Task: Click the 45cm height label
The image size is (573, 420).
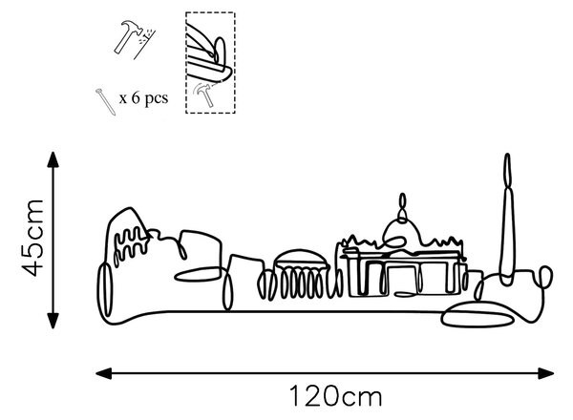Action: click(x=32, y=238)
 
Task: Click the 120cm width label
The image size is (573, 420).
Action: click(x=336, y=396)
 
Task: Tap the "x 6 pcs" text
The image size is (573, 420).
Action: click(x=143, y=98)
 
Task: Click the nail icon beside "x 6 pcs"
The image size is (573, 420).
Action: click(x=106, y=102)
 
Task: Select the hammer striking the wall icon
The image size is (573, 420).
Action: click(x=134, y=39)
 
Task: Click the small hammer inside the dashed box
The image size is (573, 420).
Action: click(x=203, y=94)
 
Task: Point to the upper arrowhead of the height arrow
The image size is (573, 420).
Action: click(x=53, y=159)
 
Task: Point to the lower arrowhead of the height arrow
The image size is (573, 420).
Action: click(x=53, y=321)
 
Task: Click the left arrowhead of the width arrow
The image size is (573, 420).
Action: click(x=103, y=373)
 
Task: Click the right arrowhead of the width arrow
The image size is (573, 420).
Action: click(x=546, y=373)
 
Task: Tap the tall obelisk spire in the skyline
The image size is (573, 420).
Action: click(x=507, y=220)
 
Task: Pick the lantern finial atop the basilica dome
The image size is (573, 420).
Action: click(x=402, y=207)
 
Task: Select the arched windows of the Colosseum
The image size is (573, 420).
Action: click(x=130, y=242)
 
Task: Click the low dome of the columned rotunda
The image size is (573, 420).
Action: click(x=301, y=259)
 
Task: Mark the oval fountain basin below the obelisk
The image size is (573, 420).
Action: click(x=477, y=314)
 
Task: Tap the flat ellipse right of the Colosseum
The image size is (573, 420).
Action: click(x=198, y=274)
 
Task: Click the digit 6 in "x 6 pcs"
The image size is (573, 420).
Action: click(x=136, y=97)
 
